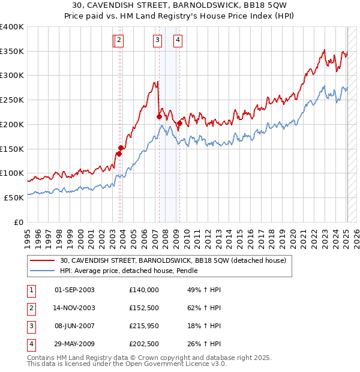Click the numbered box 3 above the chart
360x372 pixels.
click(157, 40)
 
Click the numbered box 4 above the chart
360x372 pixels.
click(179, 40)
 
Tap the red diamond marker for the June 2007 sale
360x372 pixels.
click(159, 117)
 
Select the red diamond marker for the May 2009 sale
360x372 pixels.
click(179, 124)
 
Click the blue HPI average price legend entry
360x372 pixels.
click(132, 271)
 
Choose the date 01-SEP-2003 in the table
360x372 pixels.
click(74, 290)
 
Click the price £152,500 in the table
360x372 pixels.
click(144, 308)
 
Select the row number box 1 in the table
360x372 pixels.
click(31, 290)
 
